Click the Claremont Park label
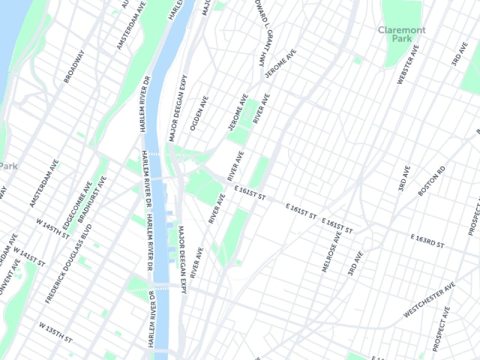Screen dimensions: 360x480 (401, 34)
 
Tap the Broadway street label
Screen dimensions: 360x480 (74, 66)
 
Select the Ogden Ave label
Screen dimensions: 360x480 (199, 112)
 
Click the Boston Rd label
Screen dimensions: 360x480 (431, 181)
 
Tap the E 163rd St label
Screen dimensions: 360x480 (427, 241)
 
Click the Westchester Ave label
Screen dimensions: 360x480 (429, 299)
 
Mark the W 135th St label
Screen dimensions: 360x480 (56, 331)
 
